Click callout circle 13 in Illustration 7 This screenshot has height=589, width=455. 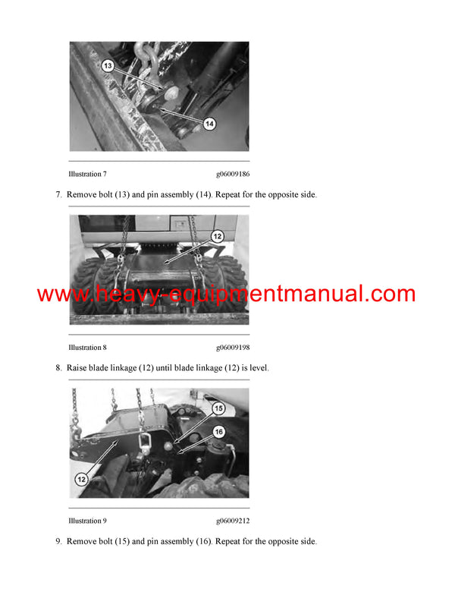pos(108,67)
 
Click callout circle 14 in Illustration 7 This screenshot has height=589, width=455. pos(210,123)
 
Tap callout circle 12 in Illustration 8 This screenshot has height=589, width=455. pos(217,237)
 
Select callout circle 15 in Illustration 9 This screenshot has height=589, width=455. pos(218,408)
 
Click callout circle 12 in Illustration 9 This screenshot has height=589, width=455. pos(81,480)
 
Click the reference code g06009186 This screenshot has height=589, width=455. pos(232,175)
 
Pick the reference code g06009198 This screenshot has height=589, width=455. pos(232,348)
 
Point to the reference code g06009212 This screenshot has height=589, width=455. pos(232,521)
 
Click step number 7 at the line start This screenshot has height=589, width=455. pos(58,195)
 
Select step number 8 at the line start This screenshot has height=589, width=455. pos(58,368)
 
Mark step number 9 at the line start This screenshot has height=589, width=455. pos(58,541)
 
